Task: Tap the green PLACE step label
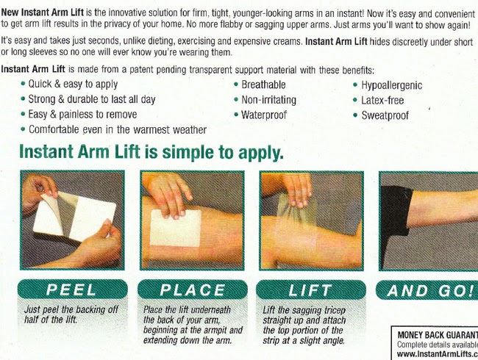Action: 190,290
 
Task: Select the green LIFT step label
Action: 310,290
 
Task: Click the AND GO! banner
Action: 429,290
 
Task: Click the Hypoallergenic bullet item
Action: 391,85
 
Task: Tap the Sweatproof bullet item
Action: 385,115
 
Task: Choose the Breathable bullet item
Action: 264,84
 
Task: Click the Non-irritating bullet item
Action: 269,100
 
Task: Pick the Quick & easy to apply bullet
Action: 73,84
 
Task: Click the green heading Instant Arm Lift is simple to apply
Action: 151,153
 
